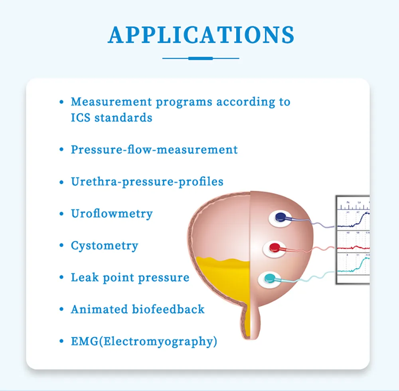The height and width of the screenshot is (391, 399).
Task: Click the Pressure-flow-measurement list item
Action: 154,150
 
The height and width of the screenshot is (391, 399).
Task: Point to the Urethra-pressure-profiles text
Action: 147,182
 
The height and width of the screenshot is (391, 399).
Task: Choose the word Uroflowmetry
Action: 112,214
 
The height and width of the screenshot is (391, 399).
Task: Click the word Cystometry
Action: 105,245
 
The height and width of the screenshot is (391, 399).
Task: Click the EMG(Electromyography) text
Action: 144,341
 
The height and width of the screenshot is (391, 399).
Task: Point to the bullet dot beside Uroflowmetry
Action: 61,214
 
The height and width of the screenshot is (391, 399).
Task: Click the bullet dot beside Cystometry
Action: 61,246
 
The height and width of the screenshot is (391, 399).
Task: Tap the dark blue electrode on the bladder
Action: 280,217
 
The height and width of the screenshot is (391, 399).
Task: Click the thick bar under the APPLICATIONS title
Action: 201,58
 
